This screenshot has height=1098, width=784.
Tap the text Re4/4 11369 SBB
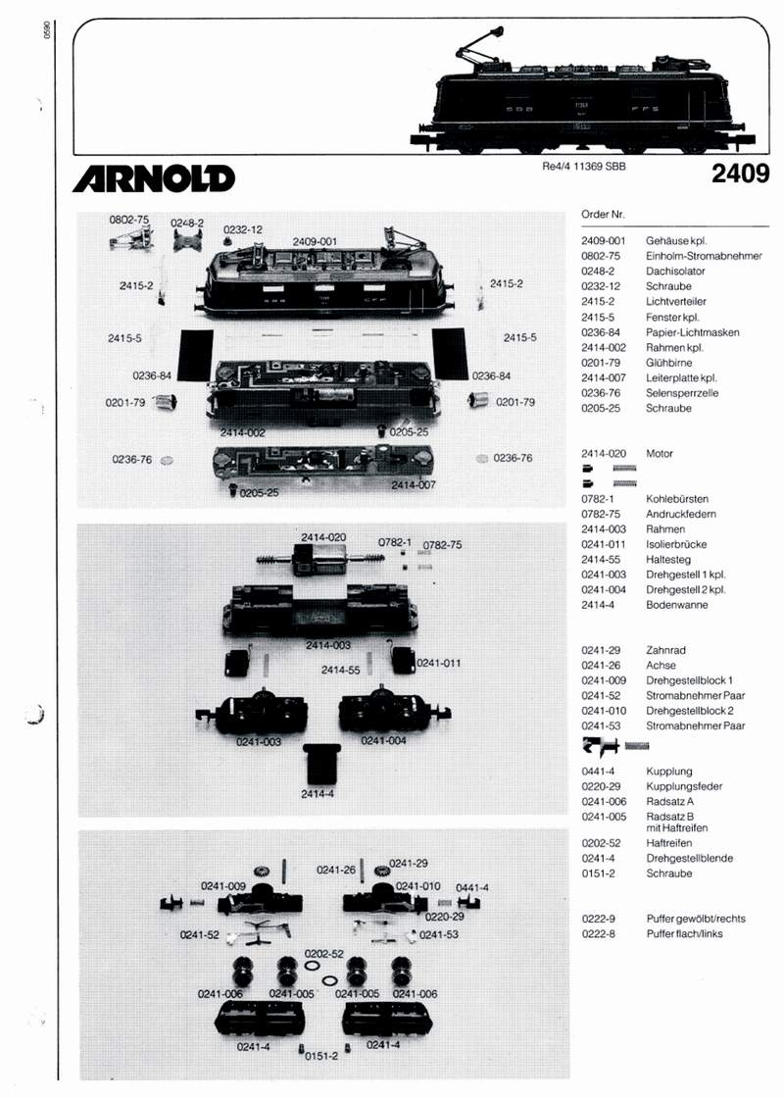click(x=583, y=167)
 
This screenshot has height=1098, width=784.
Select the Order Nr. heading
click(x=603, y=214)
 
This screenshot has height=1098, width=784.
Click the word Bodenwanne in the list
click(x=677, y=605)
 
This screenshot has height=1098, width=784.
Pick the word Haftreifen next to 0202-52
click(x=670, y=843)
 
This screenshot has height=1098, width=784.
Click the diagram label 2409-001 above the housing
click(x=315, y=241)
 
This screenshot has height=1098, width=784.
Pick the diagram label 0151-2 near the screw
click(x=321, y=1056)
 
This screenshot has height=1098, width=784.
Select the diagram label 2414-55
click(x=338, y=670)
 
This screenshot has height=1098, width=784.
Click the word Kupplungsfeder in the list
click(x=685, y=786)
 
